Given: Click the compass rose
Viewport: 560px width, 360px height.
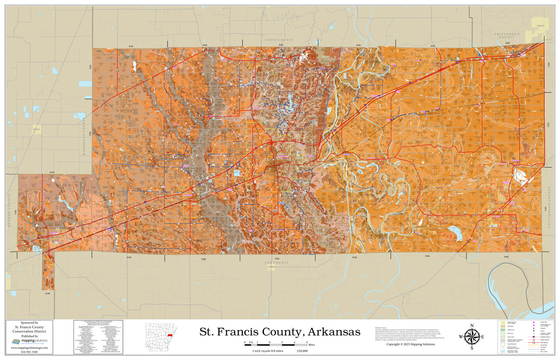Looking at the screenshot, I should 471,336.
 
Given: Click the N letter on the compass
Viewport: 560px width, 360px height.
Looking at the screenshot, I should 471,325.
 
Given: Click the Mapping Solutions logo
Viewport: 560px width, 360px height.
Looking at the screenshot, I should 29,341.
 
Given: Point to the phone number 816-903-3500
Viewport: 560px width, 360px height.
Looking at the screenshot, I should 29,351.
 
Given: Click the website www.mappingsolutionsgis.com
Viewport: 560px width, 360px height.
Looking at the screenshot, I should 29,347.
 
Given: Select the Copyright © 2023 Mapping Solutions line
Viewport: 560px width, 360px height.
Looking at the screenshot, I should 410,344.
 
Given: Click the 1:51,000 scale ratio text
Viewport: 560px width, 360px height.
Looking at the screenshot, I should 302,351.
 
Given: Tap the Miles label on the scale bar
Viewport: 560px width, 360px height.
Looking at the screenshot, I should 311,345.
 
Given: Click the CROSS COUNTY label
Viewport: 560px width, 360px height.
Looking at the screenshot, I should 280,40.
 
